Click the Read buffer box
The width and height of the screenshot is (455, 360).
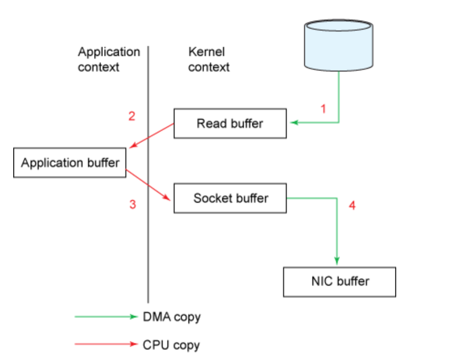click(230, 123)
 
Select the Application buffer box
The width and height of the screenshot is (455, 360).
click(70, 162)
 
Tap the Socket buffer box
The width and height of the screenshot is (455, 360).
click(230, 198)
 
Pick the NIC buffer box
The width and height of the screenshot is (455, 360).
click(340, 282)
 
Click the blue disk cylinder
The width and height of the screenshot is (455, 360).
click(339, 45)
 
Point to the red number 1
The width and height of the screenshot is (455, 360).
click(323, 109)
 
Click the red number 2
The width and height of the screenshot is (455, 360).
click(132, 116)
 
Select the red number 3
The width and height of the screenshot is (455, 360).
click(133, 204)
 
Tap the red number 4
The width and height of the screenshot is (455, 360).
click(352, 206)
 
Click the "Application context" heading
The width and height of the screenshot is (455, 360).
click(109, 59)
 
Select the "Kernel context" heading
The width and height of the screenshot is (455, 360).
click(209, 59)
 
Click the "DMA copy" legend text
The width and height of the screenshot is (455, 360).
click(171, 317)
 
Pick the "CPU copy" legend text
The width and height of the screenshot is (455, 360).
click(171, 345)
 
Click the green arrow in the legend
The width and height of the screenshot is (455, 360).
click(106, 317)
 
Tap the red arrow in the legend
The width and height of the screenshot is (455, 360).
click(106, 344)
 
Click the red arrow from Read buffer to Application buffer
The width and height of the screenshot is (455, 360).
click(151, 136)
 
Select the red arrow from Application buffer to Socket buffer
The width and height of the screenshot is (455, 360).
click(148, 185)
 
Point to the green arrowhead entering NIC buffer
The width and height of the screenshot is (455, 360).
click(337, 261)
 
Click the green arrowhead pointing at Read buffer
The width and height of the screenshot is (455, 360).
click(294, 123)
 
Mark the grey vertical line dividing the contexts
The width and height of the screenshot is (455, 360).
click(148, 175)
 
